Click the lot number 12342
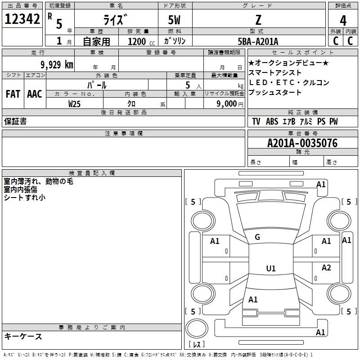22,18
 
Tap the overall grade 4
343,20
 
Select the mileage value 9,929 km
57,64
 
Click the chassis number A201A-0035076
302,143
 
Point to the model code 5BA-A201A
258,41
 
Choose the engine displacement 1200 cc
141,41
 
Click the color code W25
74,104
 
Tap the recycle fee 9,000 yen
230,104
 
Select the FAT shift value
13,94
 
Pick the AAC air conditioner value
35,94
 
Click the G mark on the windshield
257,237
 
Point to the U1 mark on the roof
271,268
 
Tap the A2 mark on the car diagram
326,268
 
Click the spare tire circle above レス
197,328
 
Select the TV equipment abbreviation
256,121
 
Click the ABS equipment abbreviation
272,121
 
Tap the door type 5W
174,20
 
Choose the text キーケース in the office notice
23,336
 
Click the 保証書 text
15,121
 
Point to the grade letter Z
258,20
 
